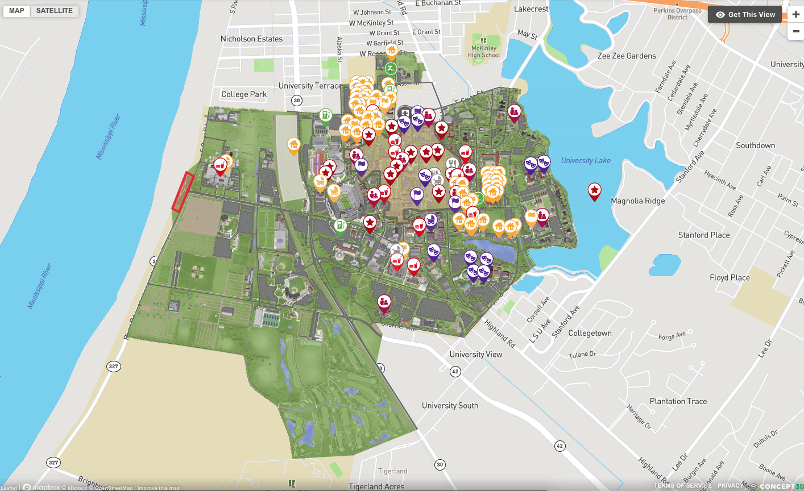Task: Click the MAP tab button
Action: pyautogui.click(x=16, y=11)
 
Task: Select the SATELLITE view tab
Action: pyautogui.click(x=55, y=11)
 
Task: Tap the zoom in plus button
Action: pyautogui.click(x=795, y=15)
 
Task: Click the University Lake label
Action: pyautogui.click(x=586, y=161)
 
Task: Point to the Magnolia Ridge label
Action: pyautogui.click(x=637, y=201)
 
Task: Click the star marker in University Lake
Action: pyautogui.click(x=594, y=191)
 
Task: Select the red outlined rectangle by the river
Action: pyautogui.click(x=183, y=192)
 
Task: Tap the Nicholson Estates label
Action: pyautogui.click(x=251, y=39)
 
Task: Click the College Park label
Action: pyautogui.click(x=244, y=94)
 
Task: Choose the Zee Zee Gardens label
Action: pyautogui.click(x=627, y=56)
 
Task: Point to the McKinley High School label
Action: pyautogui.click(x=484, y=52)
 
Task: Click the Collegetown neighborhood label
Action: pyautogui.click(x=590, y=333)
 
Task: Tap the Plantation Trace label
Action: pyautogui.click(x=678, y=401)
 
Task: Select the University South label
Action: pyautogui.click(x=450, y=406)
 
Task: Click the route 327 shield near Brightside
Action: pyautogui.click(x=53, y=462)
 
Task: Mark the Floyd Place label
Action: pyautogui.click(x=730, y=278)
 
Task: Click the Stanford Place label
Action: pyautogui.click(x=703, y=235)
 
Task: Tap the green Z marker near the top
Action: pyautogui.click(x=390, y=69)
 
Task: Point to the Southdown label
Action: pyautogui.click(x=755, y=145)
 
